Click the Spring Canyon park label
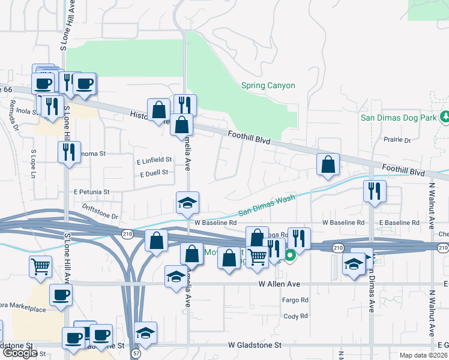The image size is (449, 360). pyautogui.click(x=268, y=85)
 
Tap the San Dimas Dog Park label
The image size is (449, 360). pyautogui.click(x=398, y=118)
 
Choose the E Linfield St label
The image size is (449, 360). pyautogui.click(x=154, y=160)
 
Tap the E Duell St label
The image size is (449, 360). pyautogui.click(x=154, y=173)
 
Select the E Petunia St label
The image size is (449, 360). pyautogui.click(x=91, y=192)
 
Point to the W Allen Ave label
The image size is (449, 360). pyautogui.click(x=279, y=283)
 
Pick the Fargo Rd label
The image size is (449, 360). pyautogui.click(x=295, y=300)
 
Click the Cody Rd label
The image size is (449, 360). pyautogui.click(x=295, y=316)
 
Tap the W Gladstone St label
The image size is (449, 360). pyautogui.click(x=255, y=345)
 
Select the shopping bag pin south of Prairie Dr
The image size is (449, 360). pyautogui.click(x=328, y=165)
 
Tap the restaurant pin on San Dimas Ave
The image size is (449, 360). pyautogui.click(x=375, y=191)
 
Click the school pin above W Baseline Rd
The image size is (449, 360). pyautogui.click(x=187, y=203)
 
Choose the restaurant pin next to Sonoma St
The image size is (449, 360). pyautogui.click(x=69, y=152)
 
